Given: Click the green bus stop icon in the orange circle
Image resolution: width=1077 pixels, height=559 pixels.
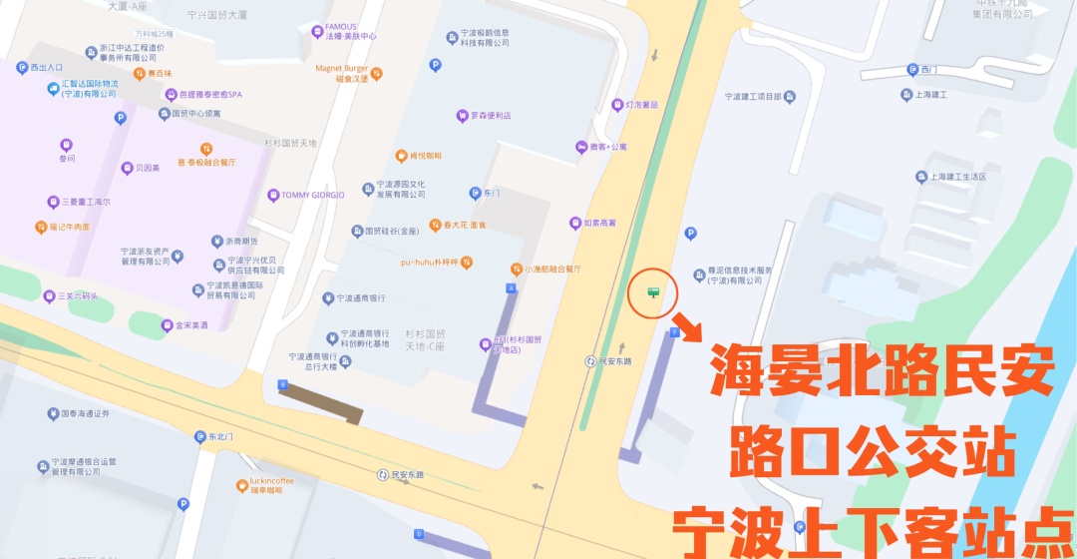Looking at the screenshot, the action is [654, 291].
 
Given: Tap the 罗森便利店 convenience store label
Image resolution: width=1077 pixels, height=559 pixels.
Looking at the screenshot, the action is [484, 116].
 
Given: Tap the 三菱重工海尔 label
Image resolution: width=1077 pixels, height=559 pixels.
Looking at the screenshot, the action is [78, 202].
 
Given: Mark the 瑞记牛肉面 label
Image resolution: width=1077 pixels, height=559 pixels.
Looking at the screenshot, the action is [63, 227].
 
